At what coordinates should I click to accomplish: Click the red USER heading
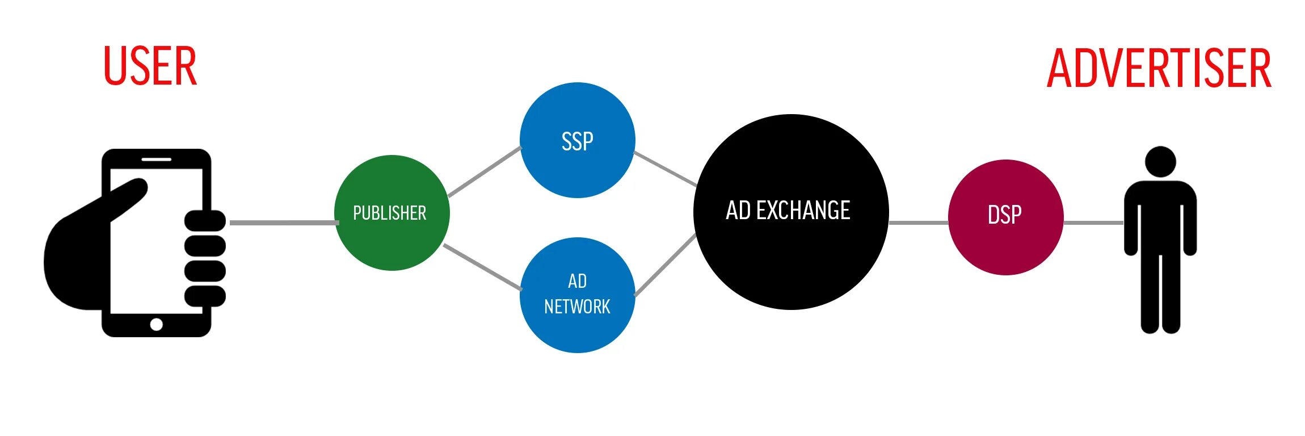[150, 66]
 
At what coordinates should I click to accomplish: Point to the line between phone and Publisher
[284, 223]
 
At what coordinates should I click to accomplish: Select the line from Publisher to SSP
[484, 172]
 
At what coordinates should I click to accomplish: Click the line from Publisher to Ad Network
[482, 267]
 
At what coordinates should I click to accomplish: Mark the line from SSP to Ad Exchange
[665, 169]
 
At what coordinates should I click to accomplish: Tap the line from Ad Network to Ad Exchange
[666, 265]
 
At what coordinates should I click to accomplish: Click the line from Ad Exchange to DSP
[918, 223]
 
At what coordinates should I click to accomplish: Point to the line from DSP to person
[1093, 223]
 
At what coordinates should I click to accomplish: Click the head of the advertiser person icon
[1160, 162]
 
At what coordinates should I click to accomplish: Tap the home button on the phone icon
[156, 324]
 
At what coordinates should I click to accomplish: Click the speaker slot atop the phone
[156, 160]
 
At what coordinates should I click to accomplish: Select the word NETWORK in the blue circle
[577, 307]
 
